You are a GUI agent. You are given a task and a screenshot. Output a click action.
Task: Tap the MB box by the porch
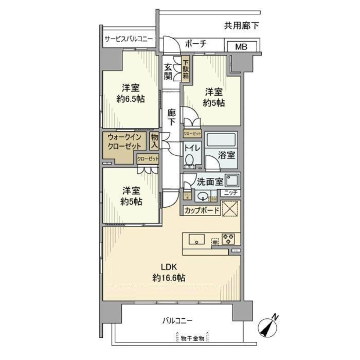241,47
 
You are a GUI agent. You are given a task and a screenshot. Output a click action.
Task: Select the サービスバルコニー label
128,39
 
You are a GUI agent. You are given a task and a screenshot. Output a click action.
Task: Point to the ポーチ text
195,44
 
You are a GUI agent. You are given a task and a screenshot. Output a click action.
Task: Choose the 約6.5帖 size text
130,99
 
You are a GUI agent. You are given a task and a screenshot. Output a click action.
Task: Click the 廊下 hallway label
171,117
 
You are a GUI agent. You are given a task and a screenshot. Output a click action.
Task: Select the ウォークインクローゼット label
125,141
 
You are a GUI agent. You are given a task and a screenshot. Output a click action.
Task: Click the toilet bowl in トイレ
189,160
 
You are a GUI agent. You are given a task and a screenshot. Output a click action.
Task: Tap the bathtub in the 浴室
221,140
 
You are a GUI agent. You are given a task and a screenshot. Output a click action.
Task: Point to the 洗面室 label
210,182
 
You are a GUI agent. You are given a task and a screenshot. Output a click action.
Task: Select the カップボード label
202,210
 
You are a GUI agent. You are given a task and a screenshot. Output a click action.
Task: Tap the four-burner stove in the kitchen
228,239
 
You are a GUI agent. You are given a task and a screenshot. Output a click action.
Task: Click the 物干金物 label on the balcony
192,338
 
